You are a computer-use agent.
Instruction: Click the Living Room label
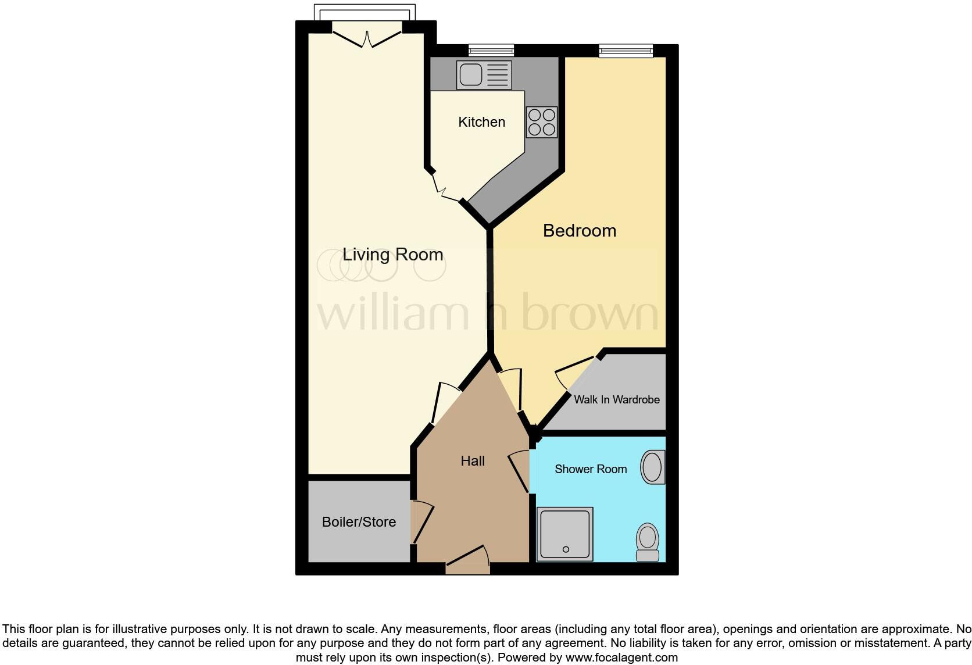392,255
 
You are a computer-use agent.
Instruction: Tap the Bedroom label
579,231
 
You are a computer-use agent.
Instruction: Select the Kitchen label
481,122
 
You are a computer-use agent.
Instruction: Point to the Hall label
473,461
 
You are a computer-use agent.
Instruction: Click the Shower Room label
591,469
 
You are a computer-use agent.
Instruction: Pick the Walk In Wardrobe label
616,400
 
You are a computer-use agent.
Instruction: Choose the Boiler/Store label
359,522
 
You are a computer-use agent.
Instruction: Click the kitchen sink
484,75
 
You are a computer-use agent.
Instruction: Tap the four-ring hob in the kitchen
541,122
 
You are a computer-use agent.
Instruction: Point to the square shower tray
564,534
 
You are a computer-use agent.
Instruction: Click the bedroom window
626,51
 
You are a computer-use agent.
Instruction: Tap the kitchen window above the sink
491,51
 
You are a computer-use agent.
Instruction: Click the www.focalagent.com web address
621,658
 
